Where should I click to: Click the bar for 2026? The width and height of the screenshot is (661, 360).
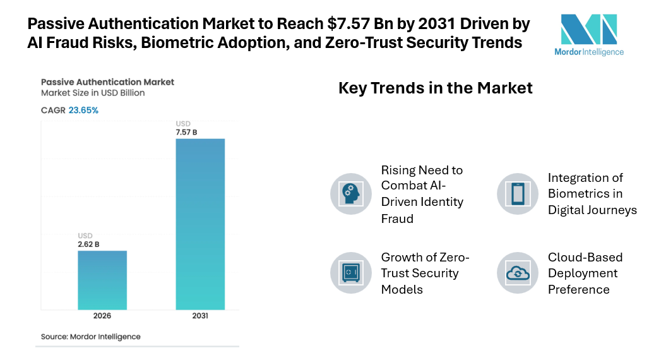point(102,280)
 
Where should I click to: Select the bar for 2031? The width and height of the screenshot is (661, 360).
point(200,224)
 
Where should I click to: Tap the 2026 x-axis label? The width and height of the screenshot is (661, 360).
point(102,316)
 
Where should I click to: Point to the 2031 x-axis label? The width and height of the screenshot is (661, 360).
point(200,316)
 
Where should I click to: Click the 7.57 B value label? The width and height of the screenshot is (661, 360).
point(186,132)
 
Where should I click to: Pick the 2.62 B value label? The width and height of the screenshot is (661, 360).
point(88,244)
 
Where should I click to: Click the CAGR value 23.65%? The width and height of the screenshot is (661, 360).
point(83,110)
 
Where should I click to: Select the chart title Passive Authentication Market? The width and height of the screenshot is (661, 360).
point(107,82)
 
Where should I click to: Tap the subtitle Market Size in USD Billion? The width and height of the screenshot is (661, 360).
point(93,93)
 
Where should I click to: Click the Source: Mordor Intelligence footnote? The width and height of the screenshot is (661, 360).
point(91,337)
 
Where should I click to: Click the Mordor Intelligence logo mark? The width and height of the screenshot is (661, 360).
point(588,29)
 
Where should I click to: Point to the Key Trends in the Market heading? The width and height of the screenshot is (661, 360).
point(436,88)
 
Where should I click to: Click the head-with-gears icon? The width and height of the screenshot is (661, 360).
point(351,194)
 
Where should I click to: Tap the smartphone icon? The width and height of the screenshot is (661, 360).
point(518,194)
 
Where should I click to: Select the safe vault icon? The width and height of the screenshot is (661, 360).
point(351,273)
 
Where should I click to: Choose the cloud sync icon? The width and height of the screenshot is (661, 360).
point(518,273)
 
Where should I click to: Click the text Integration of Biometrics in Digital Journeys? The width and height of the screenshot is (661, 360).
point(592,194)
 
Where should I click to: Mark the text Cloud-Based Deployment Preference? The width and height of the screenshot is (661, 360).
point(585,273)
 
